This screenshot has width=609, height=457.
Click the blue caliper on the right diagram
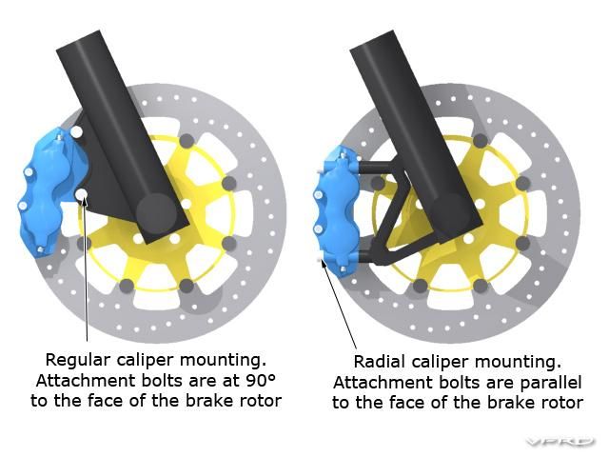pos(336,211)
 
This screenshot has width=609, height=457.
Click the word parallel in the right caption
pos(551,383)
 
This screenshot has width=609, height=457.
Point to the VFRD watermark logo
pos(560,442)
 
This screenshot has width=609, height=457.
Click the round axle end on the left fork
pos(156,213)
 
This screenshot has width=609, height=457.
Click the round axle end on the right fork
pos(450,212)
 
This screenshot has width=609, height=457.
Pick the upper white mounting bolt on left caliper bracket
pos(76,132)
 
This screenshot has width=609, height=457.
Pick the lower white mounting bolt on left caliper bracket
pos(82,194)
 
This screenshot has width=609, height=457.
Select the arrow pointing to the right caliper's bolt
pos(339,304)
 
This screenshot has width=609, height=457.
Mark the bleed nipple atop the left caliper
pos(59,137)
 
